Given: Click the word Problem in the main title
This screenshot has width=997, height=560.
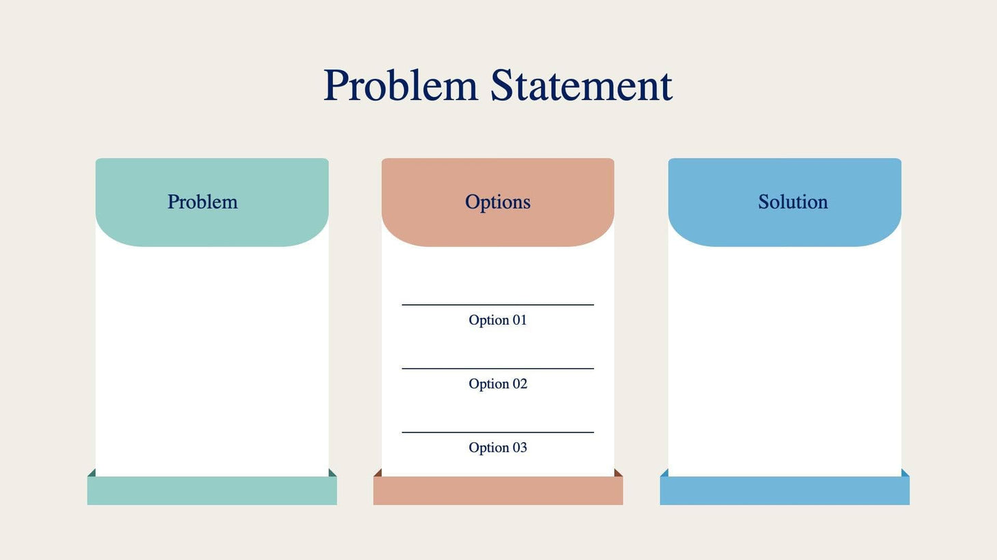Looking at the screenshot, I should [400, 86].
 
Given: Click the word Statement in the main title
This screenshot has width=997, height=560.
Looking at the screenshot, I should [581, 86].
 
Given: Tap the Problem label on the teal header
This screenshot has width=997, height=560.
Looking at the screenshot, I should [203, 202].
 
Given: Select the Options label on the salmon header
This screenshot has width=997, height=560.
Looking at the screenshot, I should [498, 202].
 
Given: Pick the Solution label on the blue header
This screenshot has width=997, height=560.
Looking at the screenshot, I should [793, 202].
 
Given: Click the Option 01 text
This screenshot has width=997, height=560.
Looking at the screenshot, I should [498, 320].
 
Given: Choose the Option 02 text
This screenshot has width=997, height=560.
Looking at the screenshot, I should [498, 384].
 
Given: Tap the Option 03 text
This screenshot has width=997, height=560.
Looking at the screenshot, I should [498, 447].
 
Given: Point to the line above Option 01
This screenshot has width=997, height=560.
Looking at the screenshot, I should [498, 305].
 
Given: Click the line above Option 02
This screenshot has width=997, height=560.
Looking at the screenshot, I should [498, 368].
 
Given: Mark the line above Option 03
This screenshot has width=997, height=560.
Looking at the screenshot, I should [498, 432].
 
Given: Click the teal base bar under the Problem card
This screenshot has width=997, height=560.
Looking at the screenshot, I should [212, 491].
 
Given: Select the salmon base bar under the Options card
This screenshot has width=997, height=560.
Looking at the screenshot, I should [498, 491].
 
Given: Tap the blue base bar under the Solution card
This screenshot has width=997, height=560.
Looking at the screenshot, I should [785, 491].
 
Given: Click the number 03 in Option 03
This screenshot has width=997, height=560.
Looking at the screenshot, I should [520, 447].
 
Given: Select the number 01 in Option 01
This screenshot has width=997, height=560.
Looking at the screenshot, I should [520, 320].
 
